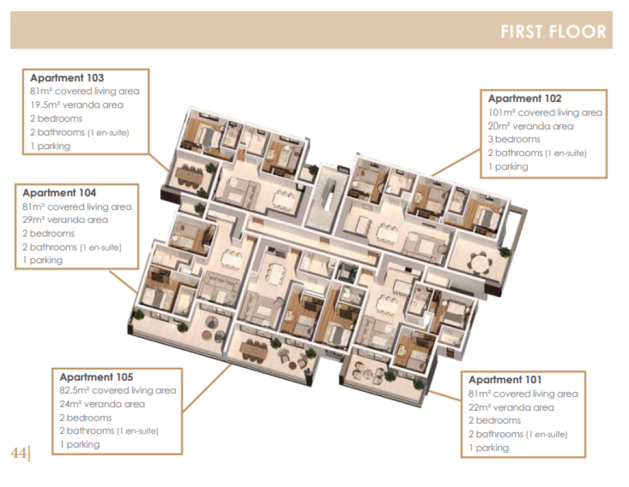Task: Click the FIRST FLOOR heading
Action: coord(553,32)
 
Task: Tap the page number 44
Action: coord(18,453)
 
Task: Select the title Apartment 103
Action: coord(67,78)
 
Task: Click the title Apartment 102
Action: coord(525,99)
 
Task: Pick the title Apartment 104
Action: coord(60,193)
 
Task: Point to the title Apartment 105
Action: coord(96,377)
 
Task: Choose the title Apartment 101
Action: coord(505,380)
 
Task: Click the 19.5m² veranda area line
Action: coord(77,105)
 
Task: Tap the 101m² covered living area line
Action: coord(545,113)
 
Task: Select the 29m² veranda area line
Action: coord(65,220)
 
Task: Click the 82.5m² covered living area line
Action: coord(118,391)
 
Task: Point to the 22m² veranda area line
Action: coord(511,408)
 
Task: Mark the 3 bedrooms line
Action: coord(514,139)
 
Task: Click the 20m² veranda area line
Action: coord(531,127)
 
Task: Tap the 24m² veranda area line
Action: coord(103,404)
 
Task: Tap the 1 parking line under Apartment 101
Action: coord(488,448)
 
